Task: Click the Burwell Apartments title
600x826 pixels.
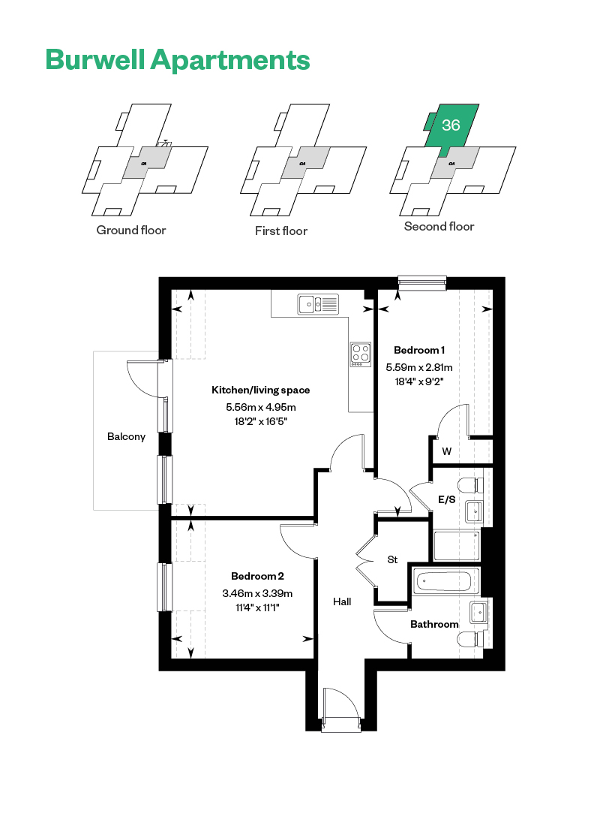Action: pyautogui.click(x=178, y=60)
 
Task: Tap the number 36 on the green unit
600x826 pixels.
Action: pyautogui.click(x=451, y=125)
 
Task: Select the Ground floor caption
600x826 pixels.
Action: pyautogui.click(x=131, y=231)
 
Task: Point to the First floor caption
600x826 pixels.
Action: pyautogui.click(x=281, y=231)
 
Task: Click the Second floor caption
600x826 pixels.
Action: pyautogui.click(x=439, y=227)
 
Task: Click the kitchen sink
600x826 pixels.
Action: pyautogui.click(x=318, y=304)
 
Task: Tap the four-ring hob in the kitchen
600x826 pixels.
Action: pyautogui.click(x=361, y=354)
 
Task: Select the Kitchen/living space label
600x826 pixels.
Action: pyautogui.click(x=260, y=390)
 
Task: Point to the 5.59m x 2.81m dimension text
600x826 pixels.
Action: pyautogui.click(x=419, y=367)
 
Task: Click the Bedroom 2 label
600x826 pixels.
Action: pyautogui.click(x=257, y=576)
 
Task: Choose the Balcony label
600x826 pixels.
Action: pyautogui.click(x=126, y=437)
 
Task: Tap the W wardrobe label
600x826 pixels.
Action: pyautogui.click(x=447, y=451)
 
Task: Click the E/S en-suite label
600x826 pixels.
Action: pyautogui.click(x=447, y=499)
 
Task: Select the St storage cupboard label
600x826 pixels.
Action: pyautogui.click(x=392, y=560)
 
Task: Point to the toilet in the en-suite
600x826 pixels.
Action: pyautogui.click(x=470, y=485)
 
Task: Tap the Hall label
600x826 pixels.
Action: pyautogui.click(x=342, y=601)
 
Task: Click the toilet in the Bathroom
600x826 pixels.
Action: pyautogui.click(x=470, y=640)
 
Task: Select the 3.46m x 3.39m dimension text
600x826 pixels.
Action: pyautogui.click(x=257, y=593)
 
